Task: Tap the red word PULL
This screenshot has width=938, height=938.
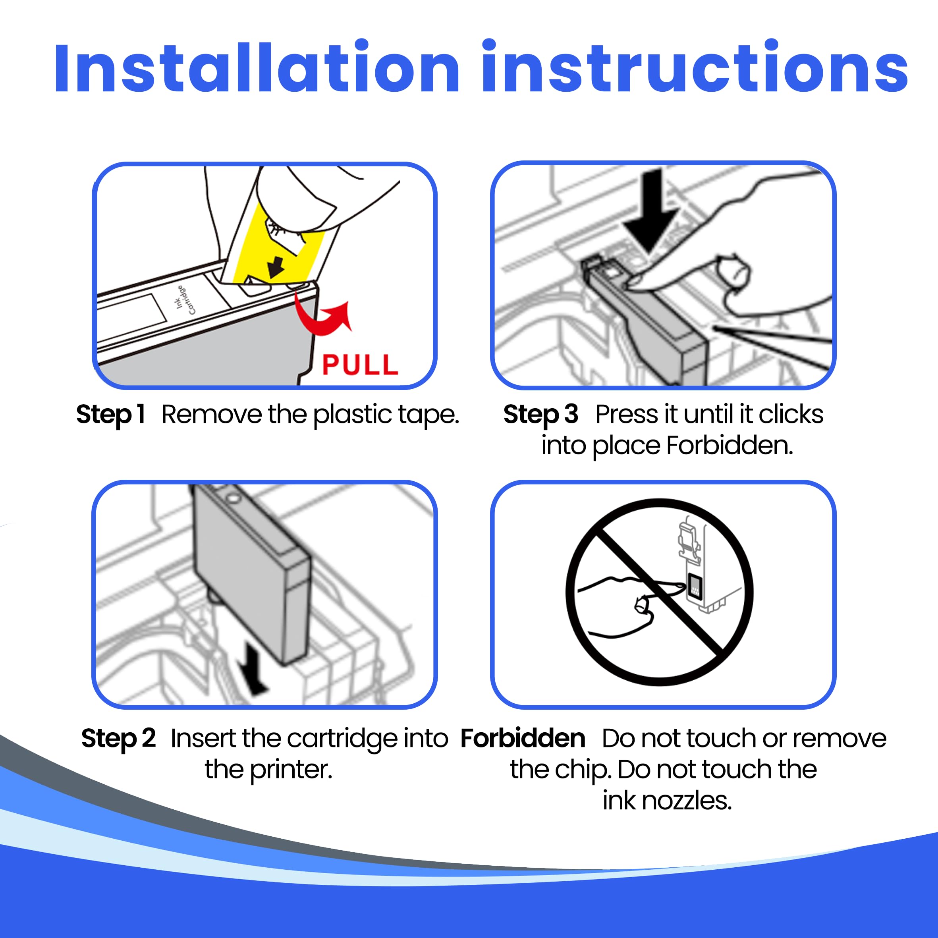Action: (x=360, y=365)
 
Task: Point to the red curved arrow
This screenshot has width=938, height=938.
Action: (x=322, y=318)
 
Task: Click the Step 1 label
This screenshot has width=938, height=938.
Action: (x=111, y=415)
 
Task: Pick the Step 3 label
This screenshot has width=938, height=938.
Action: (x=540, y=415)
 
